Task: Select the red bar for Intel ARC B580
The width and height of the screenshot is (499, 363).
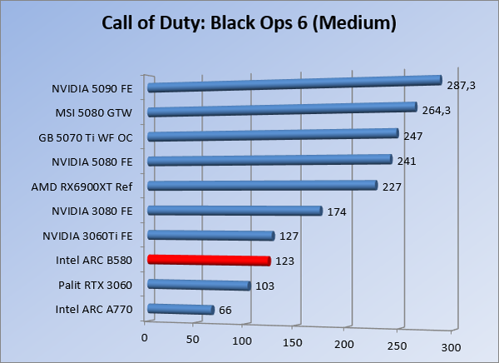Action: point(209,260)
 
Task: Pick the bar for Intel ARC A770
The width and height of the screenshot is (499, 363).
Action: point(180,309)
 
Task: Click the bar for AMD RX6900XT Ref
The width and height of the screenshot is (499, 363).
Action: point(262,186)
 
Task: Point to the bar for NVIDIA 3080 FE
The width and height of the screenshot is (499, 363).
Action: point(234,211)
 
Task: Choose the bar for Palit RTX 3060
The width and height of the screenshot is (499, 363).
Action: point(199,285)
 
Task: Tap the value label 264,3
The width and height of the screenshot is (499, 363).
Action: point(436,111)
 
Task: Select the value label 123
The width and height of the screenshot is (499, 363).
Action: point(286,261)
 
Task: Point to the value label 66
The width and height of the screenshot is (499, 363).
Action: point(226,311)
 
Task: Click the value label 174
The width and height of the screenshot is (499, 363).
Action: point(336,211)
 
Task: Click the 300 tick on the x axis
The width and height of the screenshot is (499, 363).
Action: point(450,346)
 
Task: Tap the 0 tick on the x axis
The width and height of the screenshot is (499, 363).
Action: point(145,337)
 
